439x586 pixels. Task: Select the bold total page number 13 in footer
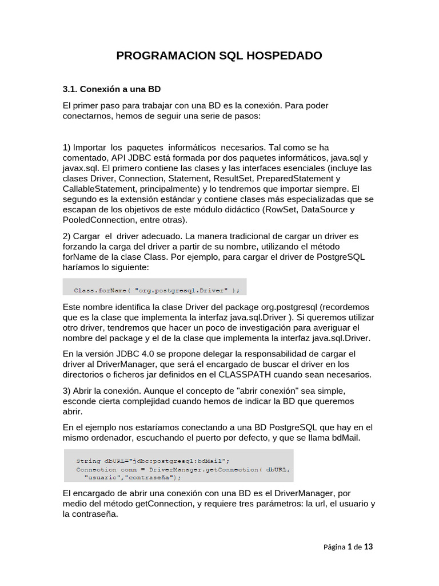pyautogui.click(x=368, y=547)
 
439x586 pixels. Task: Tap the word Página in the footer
pyautogui.click(x=335, y=548)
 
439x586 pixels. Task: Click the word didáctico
pyautogui.click(x=234, y=209)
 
